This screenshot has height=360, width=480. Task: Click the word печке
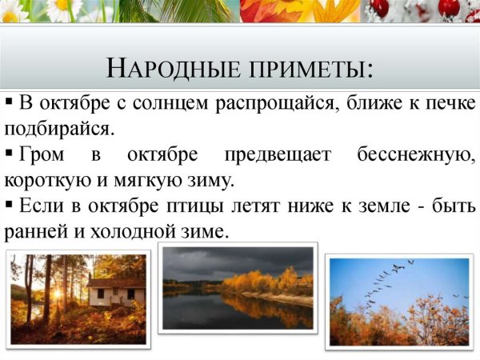[446, 105]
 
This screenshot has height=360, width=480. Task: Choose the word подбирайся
[58, 128]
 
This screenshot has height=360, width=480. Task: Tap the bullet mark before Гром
[9, 153]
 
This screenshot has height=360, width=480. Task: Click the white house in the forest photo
[116, 292]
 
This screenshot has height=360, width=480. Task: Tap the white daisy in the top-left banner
[60, 9]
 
